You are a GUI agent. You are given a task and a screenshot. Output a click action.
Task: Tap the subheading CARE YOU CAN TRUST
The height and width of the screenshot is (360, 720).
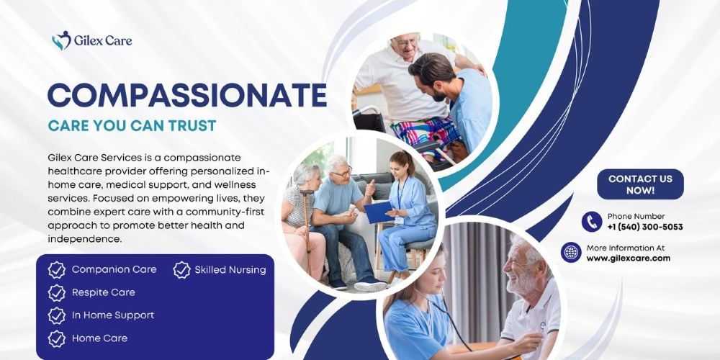coord(132,125)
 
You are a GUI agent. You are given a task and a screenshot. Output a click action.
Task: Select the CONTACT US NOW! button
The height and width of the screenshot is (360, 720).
coord(640,184)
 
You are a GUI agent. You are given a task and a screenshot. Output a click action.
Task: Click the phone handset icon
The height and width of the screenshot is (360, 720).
coord(592,221)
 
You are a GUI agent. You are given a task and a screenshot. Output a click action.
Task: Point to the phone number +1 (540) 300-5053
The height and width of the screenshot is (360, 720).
coord(645,227)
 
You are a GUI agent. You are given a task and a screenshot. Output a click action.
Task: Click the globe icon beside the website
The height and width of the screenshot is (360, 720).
coord(571,252)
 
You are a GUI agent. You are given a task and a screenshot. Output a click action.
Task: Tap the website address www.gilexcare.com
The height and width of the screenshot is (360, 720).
coord(629,258)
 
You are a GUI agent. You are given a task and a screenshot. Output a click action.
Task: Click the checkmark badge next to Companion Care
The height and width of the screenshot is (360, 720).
coord(56,270)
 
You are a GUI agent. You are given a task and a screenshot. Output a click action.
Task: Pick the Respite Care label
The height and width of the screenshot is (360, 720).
coord(104,292)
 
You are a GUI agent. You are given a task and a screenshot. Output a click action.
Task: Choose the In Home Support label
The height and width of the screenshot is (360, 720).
coord(113,315)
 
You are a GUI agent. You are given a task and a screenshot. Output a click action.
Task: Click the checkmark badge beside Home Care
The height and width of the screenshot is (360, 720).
coord(56,338)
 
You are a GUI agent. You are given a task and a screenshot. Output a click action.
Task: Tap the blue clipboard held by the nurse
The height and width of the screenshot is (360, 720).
coord(377,211)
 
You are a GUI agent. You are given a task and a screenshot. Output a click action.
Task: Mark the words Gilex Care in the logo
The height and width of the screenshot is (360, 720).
coord(103,41)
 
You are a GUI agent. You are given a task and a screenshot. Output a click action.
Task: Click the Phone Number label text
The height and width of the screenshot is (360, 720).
coord(636,216)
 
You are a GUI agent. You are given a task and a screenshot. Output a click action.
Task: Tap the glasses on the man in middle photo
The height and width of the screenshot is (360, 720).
coord(341,173)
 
